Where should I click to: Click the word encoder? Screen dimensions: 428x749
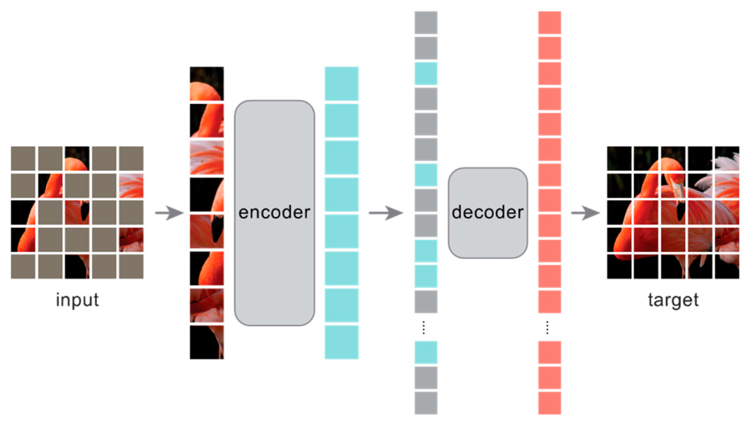[x=274, y=212]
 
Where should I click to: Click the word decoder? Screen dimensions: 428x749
[x=488, y=212]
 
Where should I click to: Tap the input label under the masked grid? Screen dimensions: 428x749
[x=77, y=300]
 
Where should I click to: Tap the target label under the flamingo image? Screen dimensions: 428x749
[x=673, y=300]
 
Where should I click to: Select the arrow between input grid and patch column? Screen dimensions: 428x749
[x=169, y=213]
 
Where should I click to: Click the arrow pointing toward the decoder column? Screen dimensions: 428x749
[x=385, y=213]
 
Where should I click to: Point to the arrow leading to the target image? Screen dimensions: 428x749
[x=585, y=213]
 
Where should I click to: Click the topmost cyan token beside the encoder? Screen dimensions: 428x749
[x=341, y=83]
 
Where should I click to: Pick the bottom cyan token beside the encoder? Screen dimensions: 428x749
[x=341, y=342]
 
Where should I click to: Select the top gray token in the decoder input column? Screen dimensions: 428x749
[x=426, y=22]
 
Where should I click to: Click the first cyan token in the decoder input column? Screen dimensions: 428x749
[x=426, y=73]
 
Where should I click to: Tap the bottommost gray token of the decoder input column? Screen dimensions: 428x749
[x=426, y=403]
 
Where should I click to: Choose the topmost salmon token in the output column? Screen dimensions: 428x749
[x=550, y=22]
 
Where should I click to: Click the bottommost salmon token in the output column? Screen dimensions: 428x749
[x=550, y=403]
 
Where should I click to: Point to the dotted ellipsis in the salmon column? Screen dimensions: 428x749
[x=547, y=327]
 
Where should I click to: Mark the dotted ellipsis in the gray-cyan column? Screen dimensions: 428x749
[x=424, y=327]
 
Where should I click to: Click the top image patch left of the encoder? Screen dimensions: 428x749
[x=207, y=83]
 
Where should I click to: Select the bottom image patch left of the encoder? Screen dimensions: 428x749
[x=207, y=342]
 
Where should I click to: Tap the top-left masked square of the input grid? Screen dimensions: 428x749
[x=23, y=159]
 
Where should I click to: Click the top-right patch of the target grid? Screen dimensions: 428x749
[x=727, y=159]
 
